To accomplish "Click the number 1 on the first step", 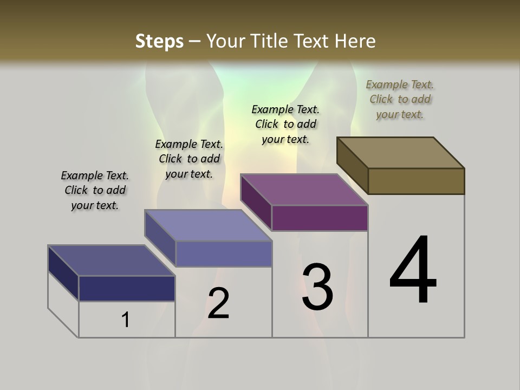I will pyautogui.click(x=126, y=320).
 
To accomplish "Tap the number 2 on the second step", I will pyautogui.click(x=218, y=303).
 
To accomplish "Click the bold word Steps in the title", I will pyautogui.click(x=159, y=41).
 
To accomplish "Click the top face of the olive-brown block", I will pyautogui.click(x=401, y=152).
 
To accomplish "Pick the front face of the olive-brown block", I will pyautogui.click(x=416, y=181).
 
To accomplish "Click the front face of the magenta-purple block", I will pyautogui.click(x=320, y=218).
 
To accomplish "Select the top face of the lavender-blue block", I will pyautogui.click(x=208, y=225).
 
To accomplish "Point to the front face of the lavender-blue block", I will pyautogui.click(x=224, y=253).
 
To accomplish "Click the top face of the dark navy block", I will pyautogui.click(x=112, y=261).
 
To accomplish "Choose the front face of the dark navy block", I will pyautogui.click(x=127, y=288).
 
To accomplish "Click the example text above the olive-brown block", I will pyautogui.click(x=400, y=99).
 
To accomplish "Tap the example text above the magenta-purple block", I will pyautogui.click(x=285, y=124).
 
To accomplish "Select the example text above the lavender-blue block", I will pyautogui.click(x=189, y=159).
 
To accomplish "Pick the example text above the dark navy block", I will pyautogui.click(x=95, y=190).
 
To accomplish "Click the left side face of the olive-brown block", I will pyautogui.click(x=352, y=166).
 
